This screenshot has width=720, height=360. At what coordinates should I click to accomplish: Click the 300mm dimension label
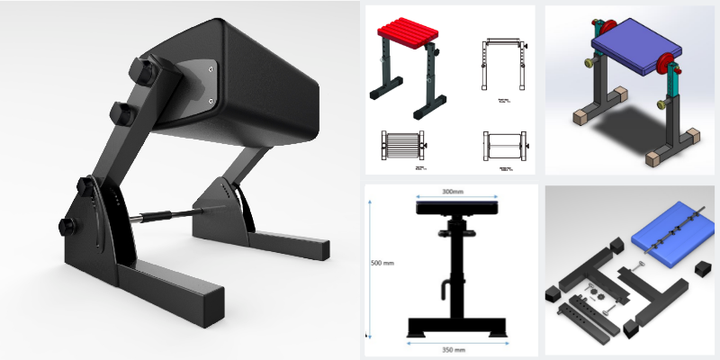coord(448,192)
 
